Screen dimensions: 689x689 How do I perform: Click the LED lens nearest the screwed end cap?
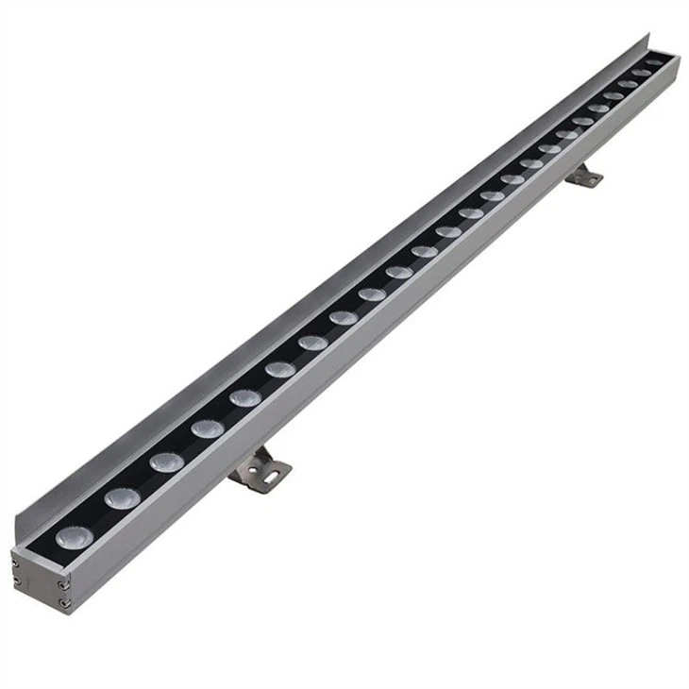pyautogui.click(x=72, y=537)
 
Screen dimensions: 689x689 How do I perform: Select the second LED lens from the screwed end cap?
pyautogui.click(x=122, y=497)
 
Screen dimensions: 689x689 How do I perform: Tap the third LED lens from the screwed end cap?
pyautogui.click(x=166, y=462)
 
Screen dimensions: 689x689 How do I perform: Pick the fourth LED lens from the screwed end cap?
pyautogui.click(x=207, y=429)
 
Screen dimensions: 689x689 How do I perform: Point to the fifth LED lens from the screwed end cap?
pyautogui.click(x=244, y=397)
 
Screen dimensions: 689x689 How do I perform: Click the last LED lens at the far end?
pyautogui.click(x=655, y=63)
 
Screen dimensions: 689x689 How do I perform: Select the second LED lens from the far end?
pyautogui.click(x=641, y=74)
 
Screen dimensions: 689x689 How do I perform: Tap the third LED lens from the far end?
pyautogui.click(x=627, y=85)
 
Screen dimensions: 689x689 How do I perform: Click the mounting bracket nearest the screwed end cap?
pyautogui.click(x=259, y=468)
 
